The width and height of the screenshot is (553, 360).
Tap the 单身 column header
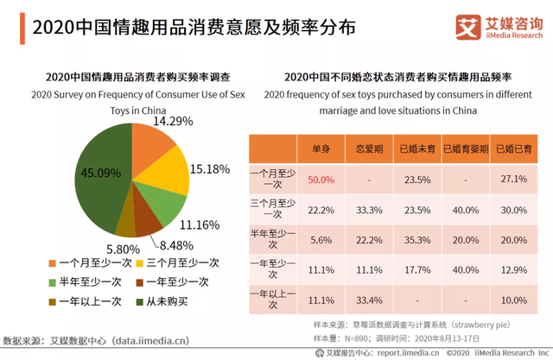[321, 149]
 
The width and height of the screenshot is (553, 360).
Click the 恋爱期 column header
[369, 149]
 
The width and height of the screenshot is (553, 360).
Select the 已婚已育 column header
[514, 149]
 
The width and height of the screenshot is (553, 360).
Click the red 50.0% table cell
[321, 179]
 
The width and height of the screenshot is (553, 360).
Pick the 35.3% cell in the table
[417, 239]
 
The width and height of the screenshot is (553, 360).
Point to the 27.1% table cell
[514, 179]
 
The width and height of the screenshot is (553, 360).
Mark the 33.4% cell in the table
[369, 300]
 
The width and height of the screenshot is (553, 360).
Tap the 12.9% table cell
[514, 269]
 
